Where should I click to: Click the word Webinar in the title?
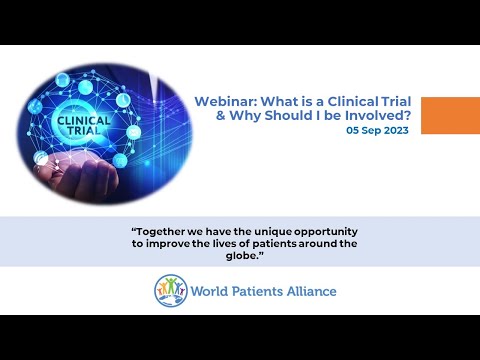point(221,101)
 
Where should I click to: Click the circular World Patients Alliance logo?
point(171,291)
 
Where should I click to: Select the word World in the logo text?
point(213,292)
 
